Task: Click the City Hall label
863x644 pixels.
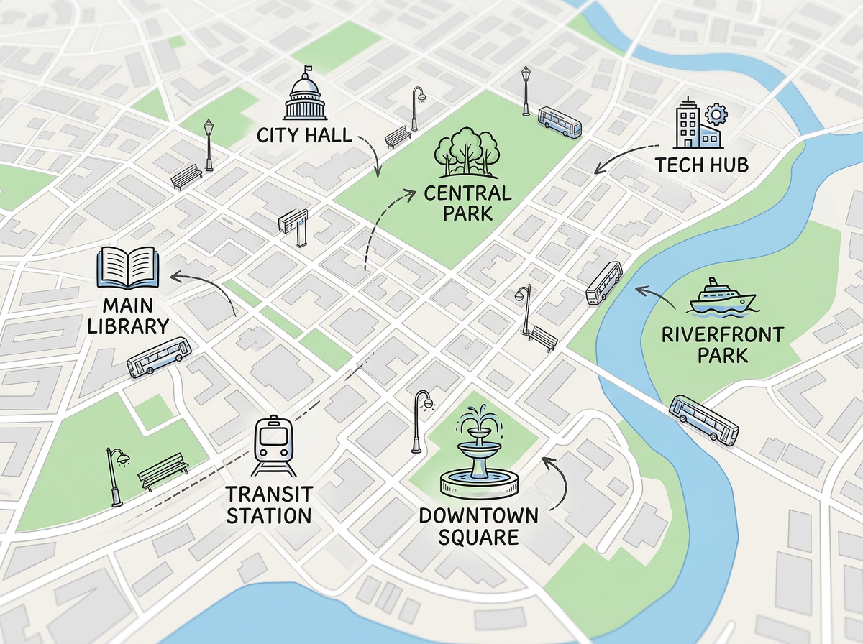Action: pyautogui.click(x=303, y=134)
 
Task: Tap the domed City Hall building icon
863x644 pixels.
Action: pyautogui.click(x=305, y=99)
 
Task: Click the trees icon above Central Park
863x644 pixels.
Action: pyautogui.click(x=467, y=153)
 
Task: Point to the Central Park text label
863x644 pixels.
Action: pyautogui.click(x=467, y=203)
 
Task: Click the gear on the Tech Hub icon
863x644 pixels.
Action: pyautogui.click(x=716, y=114)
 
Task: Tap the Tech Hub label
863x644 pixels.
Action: pyautogui.click(x=702, y=165)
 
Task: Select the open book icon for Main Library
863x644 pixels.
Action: pyautogui.click(x=127, y=267)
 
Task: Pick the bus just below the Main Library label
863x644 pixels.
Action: pyautogui.click(x=159, y=357)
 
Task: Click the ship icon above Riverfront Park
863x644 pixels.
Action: pyautogui.click(x=722, y=298)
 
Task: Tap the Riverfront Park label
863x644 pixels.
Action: pyautogui.click(x=712, y=344)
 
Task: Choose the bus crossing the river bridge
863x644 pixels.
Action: pyautogui.click(x=703, y=420)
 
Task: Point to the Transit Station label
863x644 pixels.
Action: pyautogui.click(x=268, y=505)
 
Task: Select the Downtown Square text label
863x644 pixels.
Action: pyautogui.click(x=478, y=526)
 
